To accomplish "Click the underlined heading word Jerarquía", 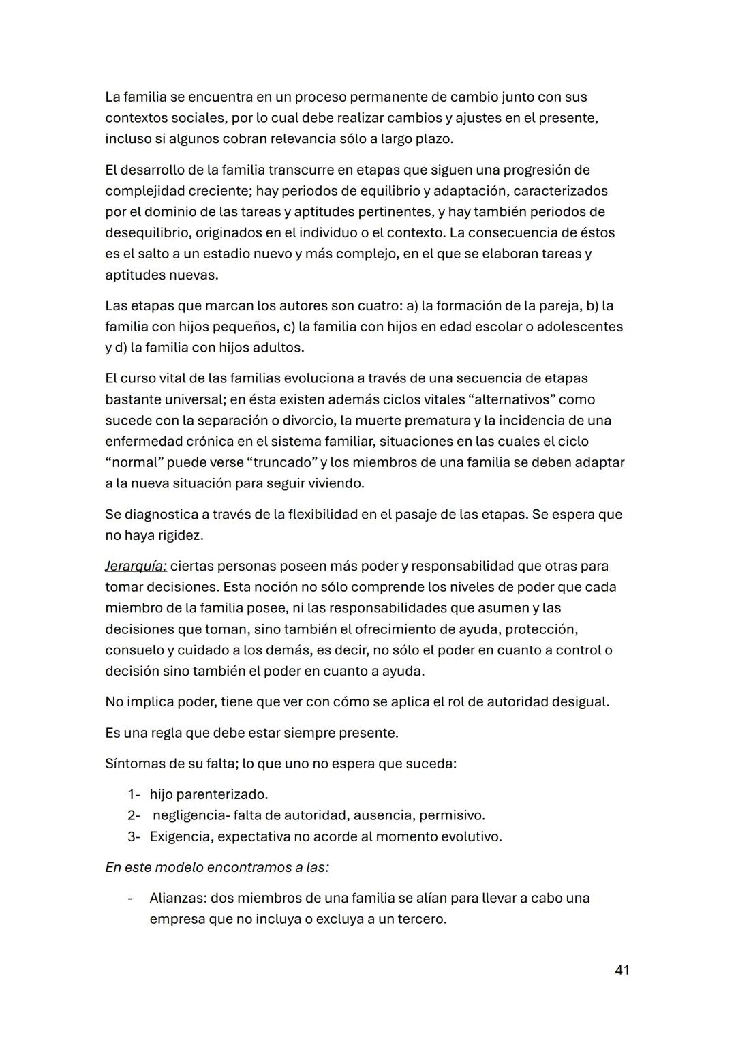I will click(136, 566).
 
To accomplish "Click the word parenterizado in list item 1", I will click(221, 794).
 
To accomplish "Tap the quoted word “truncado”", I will click(282, 462).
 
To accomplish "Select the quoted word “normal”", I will click(134, 462).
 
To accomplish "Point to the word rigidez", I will click(180, 535).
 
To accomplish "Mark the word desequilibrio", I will click(147, 232).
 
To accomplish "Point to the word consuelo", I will click(134, 650).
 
